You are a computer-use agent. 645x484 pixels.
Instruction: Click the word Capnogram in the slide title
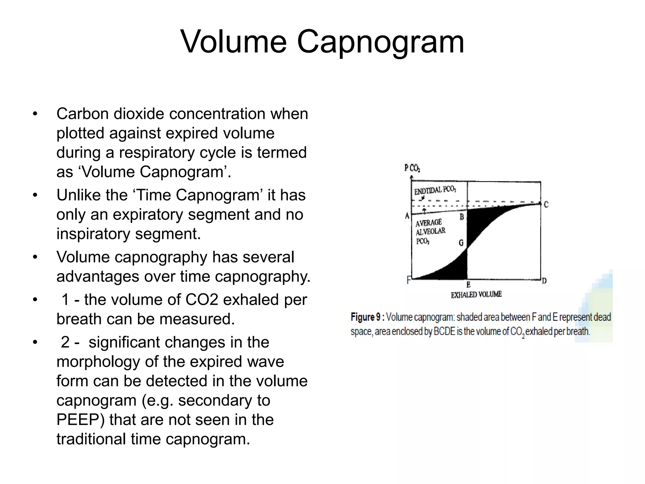(x=380, y=42)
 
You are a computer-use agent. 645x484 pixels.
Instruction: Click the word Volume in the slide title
(x=233, y=42)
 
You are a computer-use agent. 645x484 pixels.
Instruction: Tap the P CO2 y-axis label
(x=412, y=168)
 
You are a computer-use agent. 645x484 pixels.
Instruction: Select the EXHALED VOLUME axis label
(x=476, y=295)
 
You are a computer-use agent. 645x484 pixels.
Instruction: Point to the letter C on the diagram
(x=546, y=205)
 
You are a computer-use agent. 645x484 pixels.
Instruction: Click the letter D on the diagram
(x=544, y=280)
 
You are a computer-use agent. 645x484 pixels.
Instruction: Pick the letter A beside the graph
(x=407, y=216)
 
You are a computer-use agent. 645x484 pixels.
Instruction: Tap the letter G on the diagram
(x=461, y=243)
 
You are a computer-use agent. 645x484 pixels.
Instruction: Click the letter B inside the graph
(x=462, y=217)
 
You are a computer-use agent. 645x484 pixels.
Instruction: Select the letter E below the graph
(x=468, y=285)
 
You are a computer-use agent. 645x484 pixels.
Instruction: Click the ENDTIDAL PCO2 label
(x=435, y=190)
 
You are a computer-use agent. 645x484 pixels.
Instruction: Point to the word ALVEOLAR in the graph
(x=431, y=232)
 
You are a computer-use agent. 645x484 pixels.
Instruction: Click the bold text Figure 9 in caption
(x=366, y=317)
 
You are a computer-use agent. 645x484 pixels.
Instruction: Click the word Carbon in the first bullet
(x=83, y=114)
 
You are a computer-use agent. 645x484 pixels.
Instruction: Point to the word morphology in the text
(x=98, y=361)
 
